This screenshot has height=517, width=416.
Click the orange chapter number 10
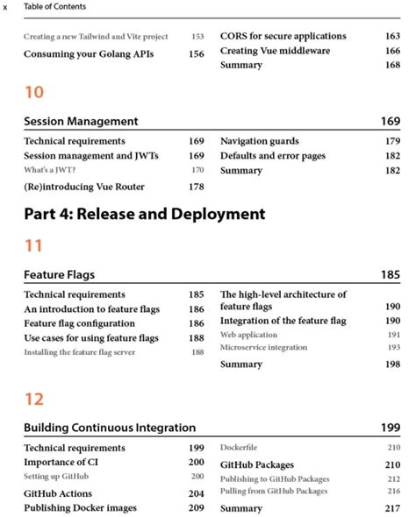[x=33, y=91]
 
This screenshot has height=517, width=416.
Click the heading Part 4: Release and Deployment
[x=145, y=213]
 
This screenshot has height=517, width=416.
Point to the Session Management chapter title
[x=81, y=121]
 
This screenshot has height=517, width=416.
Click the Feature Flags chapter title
[x=60, y=274]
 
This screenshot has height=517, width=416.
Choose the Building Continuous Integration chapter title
[x=110, y=428]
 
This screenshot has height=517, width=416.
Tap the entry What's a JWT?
[x=49, y=170]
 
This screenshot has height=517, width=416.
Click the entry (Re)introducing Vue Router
[x=84, y=186]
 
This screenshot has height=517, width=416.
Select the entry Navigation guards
[x=260, y=140]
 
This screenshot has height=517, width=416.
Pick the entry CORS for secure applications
[x=283, y=36]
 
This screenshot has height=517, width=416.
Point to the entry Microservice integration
[x=264, y=348]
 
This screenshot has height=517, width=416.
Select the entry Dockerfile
[x=239, y=448]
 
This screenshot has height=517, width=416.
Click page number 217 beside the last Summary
[x=392, y=508]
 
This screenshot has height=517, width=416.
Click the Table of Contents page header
[x=54, y=7]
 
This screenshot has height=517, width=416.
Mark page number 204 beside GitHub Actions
[x=197, y=493]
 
